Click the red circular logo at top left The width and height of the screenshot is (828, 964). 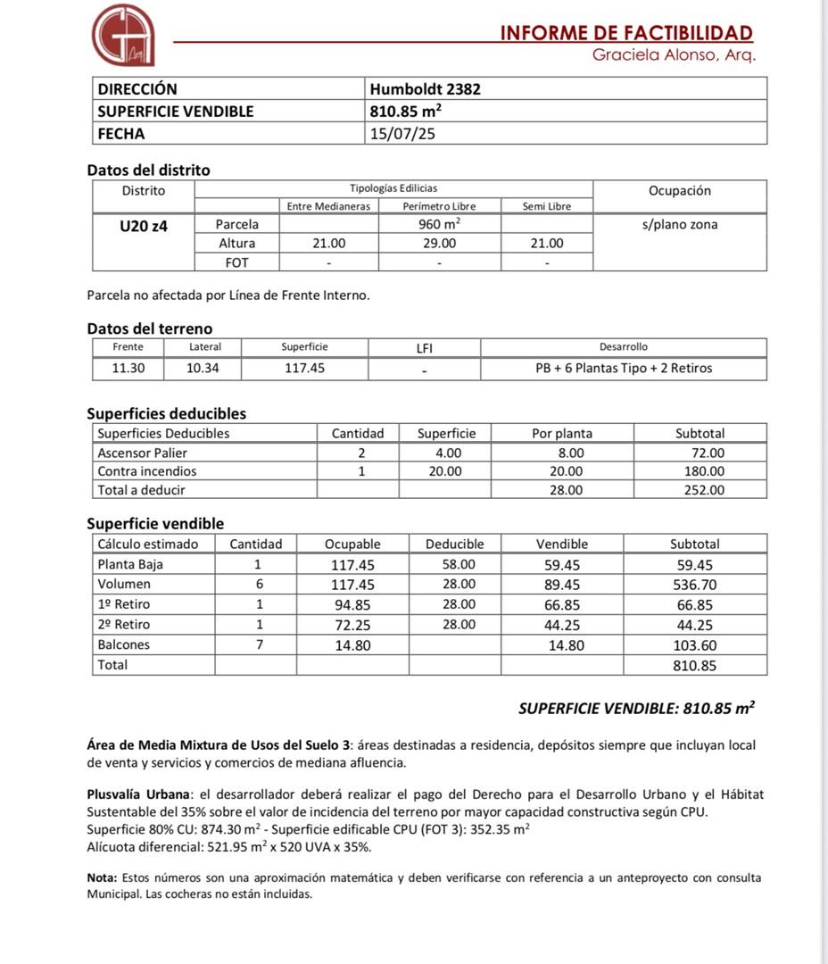coord(123,35)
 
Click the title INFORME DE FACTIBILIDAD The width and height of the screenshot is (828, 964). coord(626,33)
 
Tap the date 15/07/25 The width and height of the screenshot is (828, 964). coord(403,134)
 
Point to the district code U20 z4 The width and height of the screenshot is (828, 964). coord(144,226)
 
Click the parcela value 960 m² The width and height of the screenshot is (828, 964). coord(439,225)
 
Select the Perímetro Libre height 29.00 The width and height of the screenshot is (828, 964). coord(439,243)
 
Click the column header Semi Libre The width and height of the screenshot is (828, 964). coord(547,206)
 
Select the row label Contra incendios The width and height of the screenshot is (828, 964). coord(147,471)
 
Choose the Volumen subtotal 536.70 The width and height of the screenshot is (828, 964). coord(695,585)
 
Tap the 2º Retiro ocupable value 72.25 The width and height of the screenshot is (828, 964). coord(352,625)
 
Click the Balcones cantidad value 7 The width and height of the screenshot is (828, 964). coord(259,644)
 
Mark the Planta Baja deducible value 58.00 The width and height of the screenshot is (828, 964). coord(459,564)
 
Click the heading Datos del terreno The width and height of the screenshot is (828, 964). coord(150,328)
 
